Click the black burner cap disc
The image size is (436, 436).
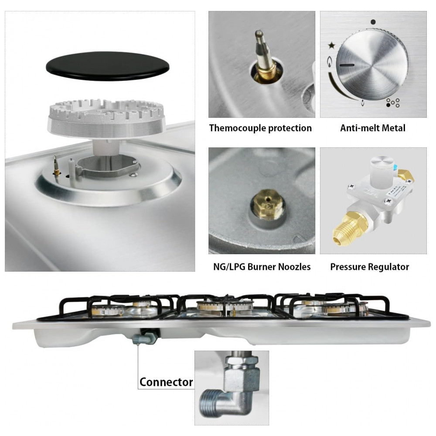[108, 66]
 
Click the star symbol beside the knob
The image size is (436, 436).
[331, 45]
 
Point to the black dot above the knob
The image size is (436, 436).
[373, 22]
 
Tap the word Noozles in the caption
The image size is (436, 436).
[294, 267]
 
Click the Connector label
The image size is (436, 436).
[166, 382]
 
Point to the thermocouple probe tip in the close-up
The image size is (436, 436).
[259, 33]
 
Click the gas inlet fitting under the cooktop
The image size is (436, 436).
[145, 336]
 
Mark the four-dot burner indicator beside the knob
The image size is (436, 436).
[393, 102]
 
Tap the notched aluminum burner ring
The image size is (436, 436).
[106, 119]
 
